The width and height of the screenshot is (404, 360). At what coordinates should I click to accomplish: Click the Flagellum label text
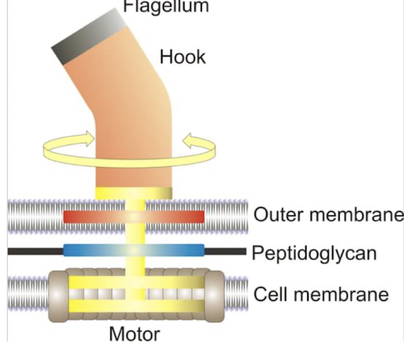pyautogui.click(x=166, y=7)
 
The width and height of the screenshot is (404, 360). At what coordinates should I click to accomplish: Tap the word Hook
pyautogui.click(x=183, y=57)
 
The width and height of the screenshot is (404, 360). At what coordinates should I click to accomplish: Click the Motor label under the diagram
pyautogui.click(x=134, y=334)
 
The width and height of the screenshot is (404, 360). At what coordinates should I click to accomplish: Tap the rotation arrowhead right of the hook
pyautogui.click(x=190, y=140)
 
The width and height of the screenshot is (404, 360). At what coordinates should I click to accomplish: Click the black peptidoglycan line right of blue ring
pyautogui.click(x=225, y=251)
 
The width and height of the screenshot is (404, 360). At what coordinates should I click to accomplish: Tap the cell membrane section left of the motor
pyautogui.click(x=26, y=292)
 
